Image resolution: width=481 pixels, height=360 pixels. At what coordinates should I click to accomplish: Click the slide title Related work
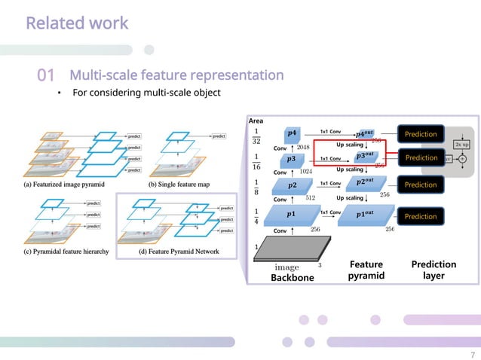[x=77, y=23]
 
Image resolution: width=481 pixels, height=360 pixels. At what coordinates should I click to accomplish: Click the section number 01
[x=46, y=76]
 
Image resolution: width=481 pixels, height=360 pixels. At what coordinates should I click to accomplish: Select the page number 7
[x=472, y=355]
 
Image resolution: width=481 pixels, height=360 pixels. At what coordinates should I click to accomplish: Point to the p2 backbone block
[x=292, y=185]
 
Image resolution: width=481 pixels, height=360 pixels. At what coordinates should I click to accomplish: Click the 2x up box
[x=461, y=144]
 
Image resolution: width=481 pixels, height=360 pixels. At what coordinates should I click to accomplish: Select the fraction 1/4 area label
[x=258, y=215]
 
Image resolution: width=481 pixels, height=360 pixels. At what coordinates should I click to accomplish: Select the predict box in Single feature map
[x=218, y=136]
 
